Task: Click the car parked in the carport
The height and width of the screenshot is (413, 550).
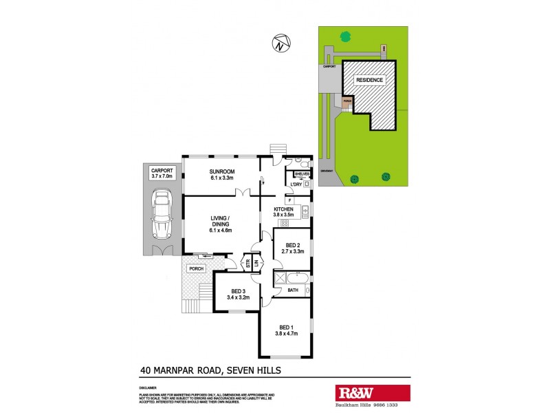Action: click(162, 214)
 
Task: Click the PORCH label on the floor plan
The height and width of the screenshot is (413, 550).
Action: click(197, 268)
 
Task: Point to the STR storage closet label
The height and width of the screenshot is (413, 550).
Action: click(248, 262)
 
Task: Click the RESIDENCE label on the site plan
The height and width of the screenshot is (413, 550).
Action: click(369, 80)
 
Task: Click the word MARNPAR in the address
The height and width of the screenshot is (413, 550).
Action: click(181, 370)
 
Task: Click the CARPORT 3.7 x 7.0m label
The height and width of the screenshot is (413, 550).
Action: click(162, 173)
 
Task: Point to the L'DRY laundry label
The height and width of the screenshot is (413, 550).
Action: click(296, 184)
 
